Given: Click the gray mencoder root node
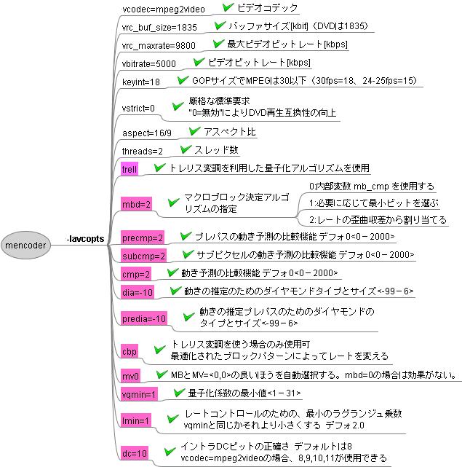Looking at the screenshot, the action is pyautogui.click(x=25, y=245).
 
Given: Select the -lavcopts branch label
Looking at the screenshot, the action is pyautogui.click(x=86, y=238).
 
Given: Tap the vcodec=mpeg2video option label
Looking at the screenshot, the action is pyautogui.click(x=164, y=9).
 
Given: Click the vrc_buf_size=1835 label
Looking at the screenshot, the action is pyautogui.click(x=159, y=28).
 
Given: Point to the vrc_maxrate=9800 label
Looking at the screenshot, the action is pyautogui.click(x=159, y=46).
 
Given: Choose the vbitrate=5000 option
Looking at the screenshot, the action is pyautogui.click(x=148, y=63).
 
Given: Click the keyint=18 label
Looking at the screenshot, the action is pyautogui.click(x=141, y=82).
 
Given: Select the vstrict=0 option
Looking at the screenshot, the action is pyautogui.click(x=138, y=108).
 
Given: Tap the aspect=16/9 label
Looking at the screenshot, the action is pyautogui.click(x=147, y=133).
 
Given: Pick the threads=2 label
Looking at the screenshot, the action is pyautogui.click(x=143, y=151).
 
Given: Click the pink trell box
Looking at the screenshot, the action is pyautogui.click(x=130, y=169).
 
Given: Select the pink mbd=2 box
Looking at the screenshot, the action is pyautogui.click(x=136, y=204).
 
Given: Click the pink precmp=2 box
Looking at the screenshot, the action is pyautogui.click(x=143, y=238).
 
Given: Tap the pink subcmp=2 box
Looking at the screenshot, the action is pyautogui.click(x=143, y=256).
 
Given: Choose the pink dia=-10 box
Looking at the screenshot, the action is pyautogui.click(x=138, y=292).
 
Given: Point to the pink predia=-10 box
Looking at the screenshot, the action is pyautogui.click(x=144, y=318).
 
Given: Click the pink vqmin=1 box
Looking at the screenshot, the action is pyautogui.click(x=139, y=394).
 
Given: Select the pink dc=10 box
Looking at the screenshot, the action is pyautogui.click(x=135, y=453).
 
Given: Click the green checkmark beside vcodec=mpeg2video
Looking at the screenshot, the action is pyautogui.click(x=228, y=7).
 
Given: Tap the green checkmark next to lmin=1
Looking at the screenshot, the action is pyautogui.click(x=172, y=419).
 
